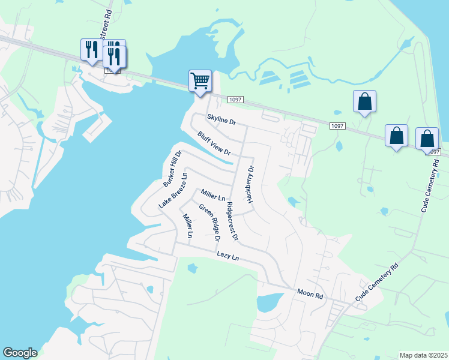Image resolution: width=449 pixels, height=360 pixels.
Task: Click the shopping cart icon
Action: pos(200,81)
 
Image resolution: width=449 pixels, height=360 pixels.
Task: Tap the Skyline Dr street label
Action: pos(222,120)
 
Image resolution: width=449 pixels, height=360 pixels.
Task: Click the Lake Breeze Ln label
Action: pos(173,190)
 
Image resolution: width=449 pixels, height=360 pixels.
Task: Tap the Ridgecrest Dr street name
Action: pos(232,221)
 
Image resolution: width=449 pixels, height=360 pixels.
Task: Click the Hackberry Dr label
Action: pos(250,184)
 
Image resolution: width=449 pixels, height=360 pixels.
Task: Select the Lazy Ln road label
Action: pos(228,256)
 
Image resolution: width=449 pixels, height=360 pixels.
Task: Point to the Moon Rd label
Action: pos(310,294)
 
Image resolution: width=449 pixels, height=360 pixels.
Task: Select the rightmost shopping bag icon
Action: pos(427,139)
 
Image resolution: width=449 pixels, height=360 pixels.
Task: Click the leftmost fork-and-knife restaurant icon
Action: pos(91,50)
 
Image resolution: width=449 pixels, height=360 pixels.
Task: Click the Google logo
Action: pos(20,353)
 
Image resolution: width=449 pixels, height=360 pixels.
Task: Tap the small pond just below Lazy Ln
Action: pos(192,268)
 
